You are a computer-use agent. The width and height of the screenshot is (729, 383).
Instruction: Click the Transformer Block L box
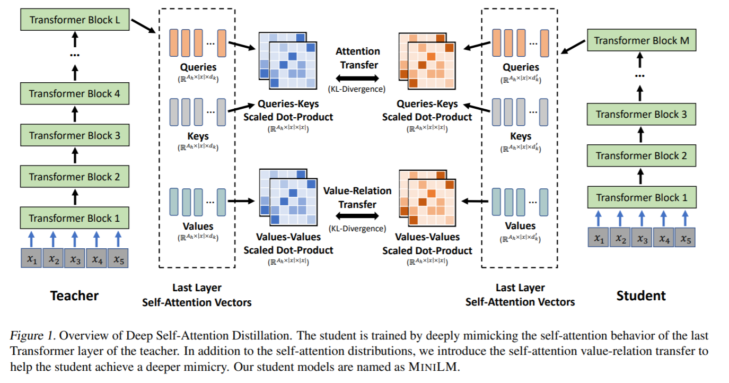point(75,20)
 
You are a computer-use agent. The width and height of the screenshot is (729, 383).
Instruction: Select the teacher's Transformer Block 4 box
point(75,94)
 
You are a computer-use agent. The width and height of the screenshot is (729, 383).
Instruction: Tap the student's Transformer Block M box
point(642,40)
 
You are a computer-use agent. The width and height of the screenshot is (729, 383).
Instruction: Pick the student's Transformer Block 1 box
point(642,197)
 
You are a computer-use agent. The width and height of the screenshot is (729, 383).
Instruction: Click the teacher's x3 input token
point(75,259)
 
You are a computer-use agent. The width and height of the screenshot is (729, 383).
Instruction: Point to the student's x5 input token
point(685,239)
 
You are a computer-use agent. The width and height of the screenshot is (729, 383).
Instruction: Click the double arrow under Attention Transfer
point(358,78)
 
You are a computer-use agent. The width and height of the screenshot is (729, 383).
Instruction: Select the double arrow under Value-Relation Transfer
point(358,216)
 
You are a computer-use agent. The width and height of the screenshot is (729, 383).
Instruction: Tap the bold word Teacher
point(74,295)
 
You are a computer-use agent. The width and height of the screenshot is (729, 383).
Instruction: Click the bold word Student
point(641,295)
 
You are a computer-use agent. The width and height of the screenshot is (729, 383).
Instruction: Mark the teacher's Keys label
point(198,136)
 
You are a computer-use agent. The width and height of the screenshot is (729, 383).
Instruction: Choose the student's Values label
point(520,226)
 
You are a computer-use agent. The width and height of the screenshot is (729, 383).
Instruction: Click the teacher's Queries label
point(198,67)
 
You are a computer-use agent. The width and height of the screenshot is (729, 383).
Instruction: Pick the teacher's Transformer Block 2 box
point(75,177)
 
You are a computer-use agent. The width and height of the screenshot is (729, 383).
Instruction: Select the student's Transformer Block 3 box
point(642,114)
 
